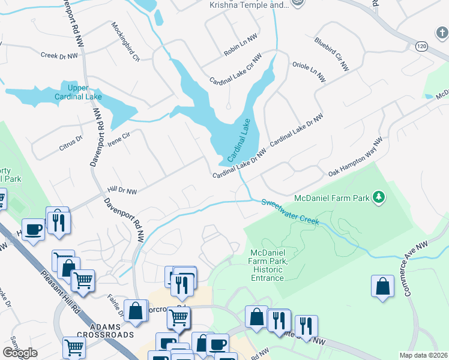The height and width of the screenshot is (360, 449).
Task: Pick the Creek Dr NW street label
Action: (59, 56)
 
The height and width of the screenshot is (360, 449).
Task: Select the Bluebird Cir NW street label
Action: (331, 55)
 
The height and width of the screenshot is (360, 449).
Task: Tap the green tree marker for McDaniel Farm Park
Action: (378, 197)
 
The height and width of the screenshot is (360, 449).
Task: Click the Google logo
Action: (20, 353)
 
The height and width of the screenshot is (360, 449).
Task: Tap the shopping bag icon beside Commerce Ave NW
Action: (382, 288)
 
